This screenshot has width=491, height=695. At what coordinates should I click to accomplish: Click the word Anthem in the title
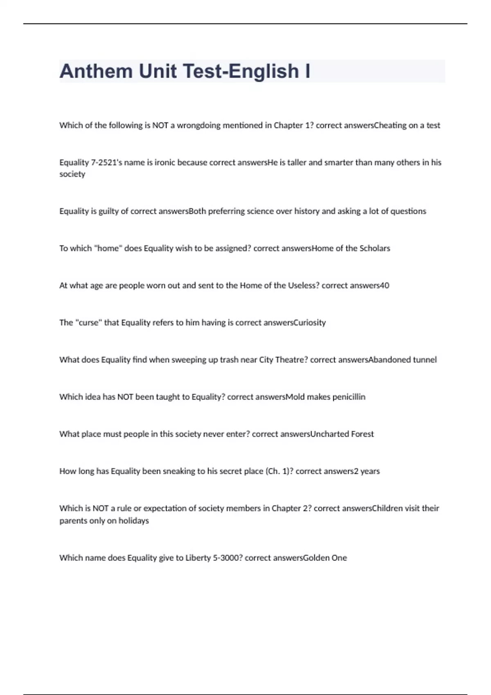coord(96,71)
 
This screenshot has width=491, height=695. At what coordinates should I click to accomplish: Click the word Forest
coord(362,434)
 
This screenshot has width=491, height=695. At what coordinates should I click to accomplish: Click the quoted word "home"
coord(108,248)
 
